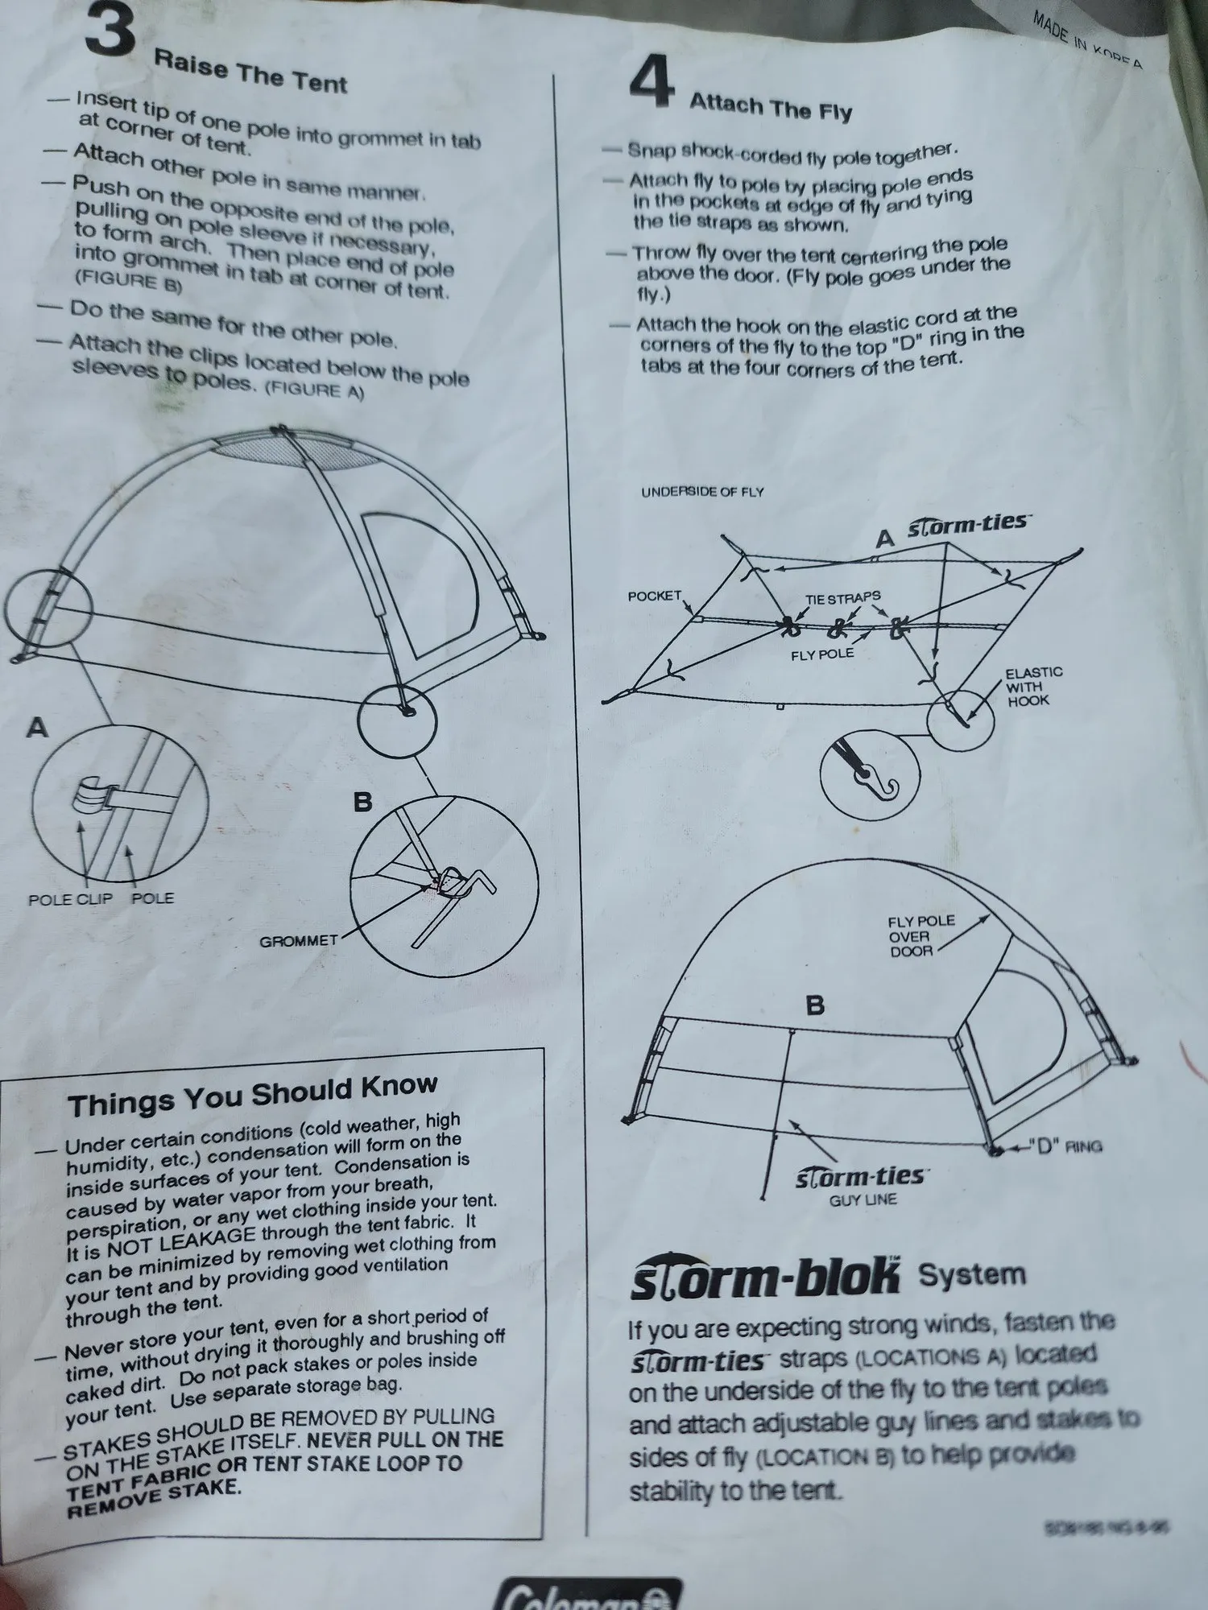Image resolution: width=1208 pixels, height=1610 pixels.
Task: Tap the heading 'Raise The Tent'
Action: pos(250,72)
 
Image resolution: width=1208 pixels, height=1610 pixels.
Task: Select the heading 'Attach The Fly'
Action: pos(770,106)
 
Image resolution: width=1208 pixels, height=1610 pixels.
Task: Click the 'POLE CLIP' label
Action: pos(70,899)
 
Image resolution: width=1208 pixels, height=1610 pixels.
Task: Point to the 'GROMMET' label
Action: pos(298,940)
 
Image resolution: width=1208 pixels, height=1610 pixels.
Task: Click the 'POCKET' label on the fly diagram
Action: pos(654,596)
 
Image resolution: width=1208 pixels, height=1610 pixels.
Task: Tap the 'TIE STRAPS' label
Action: pos(842,598)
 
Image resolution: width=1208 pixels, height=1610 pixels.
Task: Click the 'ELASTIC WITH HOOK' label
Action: pos(1033,686)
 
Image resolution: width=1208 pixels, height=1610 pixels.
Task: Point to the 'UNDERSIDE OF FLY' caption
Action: pos(702,492)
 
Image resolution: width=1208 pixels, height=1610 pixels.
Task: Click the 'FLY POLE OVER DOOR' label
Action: pos(920,935)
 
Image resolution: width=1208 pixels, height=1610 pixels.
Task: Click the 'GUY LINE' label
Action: pos(863,1199)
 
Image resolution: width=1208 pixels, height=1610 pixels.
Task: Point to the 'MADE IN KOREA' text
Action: pos(1087,40)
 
